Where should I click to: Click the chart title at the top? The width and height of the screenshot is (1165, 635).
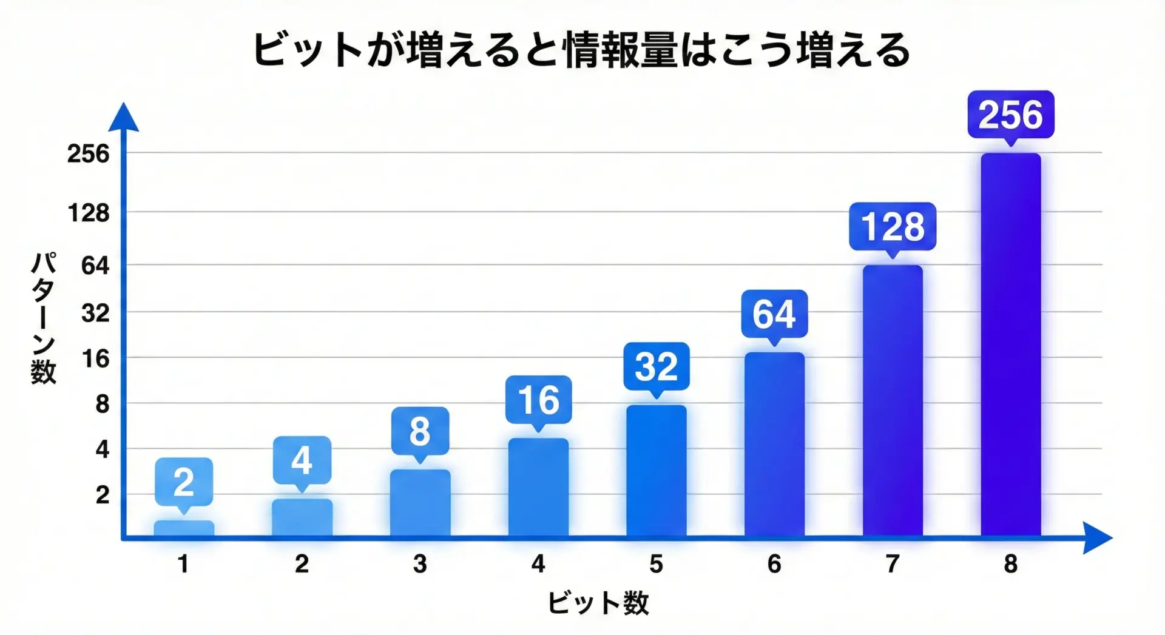point(581,50)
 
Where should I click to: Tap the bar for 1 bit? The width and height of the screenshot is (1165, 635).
point(184,528)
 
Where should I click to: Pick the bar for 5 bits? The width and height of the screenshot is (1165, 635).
point(657,471)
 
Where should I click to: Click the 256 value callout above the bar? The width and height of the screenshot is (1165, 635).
point(1011,115)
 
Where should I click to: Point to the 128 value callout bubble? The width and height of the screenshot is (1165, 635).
point(893,226)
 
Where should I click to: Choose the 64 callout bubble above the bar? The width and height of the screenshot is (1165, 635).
point(774,314)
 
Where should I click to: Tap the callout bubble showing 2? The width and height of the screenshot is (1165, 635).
point(184,482)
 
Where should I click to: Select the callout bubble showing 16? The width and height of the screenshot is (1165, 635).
point(539,400)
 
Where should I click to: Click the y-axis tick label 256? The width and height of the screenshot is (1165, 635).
point(89,153)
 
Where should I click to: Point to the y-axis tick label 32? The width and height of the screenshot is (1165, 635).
point(95,313)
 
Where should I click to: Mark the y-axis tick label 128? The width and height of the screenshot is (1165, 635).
point(89,213)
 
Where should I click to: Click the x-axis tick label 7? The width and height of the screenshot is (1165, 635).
point(892,564)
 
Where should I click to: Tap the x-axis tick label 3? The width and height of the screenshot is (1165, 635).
point(420,564)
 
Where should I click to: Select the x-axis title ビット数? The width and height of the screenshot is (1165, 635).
point(598,603)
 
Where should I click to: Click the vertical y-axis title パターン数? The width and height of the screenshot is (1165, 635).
point(44,318)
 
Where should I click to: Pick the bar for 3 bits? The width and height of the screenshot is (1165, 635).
point(420,503)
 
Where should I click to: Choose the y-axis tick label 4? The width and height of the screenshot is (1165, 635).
point(103,449)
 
